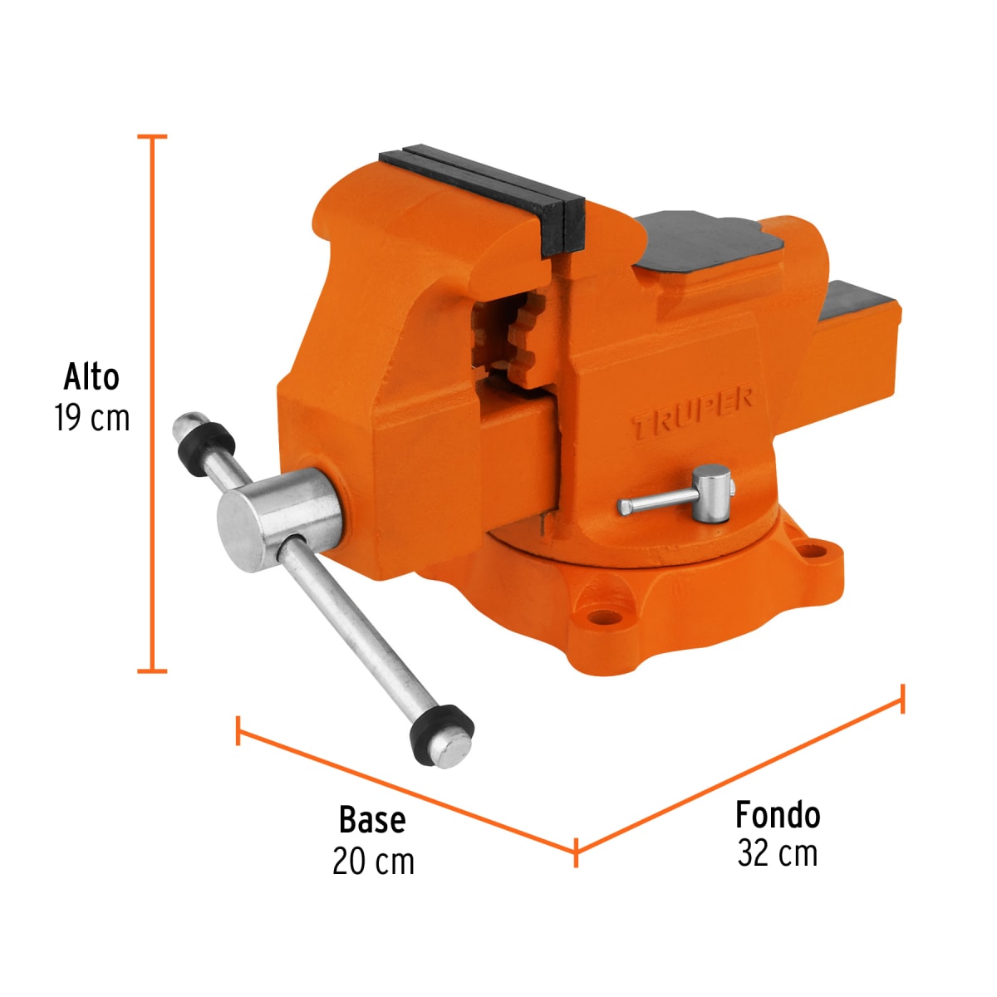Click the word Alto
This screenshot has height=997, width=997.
[x=91, y=377]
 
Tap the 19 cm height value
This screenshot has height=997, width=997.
[x=92, y=418]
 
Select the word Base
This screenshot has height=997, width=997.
[x=372, y=820]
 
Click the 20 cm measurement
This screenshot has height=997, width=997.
[x=373, y=862]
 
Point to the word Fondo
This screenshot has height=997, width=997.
[x=778, y=815]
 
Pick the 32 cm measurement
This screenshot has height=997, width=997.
[x=778, y=854]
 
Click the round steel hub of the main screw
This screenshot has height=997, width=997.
[x=278, y=519]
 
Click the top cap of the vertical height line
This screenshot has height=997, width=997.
[x=152, y=136]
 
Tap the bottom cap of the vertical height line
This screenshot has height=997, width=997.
[x=152, y=670]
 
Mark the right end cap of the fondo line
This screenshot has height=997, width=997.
[x=902, y=698]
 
